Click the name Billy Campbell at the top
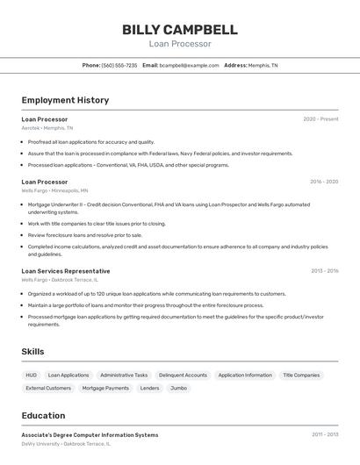(x=180, y=29)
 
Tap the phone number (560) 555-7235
(x=119, y=66)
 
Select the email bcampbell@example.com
(x=189, y=66)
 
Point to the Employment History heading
(x=65, y=100)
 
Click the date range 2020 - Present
(x=320, y=119)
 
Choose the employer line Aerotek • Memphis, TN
(x=47, y=128)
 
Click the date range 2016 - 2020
(x=324, y=182)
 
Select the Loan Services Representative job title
(x=66, y=271)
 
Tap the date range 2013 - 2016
(x=324, y=271)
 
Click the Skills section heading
(x=33, y=352)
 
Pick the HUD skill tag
(x=31, y=375)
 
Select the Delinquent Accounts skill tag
(x=183, y=375)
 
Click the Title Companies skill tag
(x=301, y=375)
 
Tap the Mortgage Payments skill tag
(x=105, y=388)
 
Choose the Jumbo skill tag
(x=178, y=388)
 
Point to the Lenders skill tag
(x=150, y=388)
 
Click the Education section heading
(x=43, y=416)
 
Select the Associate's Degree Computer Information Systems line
(x=90, y=435)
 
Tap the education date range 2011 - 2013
(x=324, y=434)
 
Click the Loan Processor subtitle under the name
(x=180, y=44)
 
